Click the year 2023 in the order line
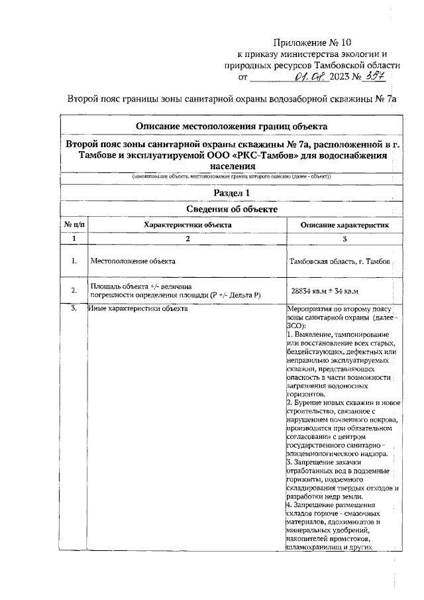pos(339,78)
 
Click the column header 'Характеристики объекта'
pos(187,225)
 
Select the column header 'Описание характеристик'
pos(343,225)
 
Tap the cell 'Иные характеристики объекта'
pos(138,308)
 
